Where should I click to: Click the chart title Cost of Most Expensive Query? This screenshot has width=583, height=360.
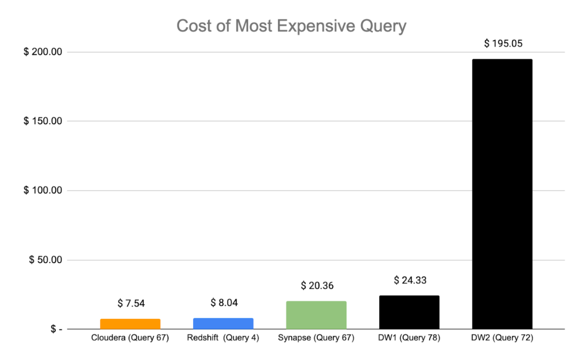291,26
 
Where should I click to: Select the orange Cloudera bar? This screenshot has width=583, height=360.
130,324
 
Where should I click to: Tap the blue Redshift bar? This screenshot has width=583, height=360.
223,324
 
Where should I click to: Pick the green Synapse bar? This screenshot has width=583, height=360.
317,315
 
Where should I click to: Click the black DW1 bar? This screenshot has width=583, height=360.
409,312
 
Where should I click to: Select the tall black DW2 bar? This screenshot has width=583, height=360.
502,194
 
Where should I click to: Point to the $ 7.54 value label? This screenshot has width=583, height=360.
130,304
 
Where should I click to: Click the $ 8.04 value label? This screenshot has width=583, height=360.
223,302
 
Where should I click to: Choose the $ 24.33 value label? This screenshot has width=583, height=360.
409,280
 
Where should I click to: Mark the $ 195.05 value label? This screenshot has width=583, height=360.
502,43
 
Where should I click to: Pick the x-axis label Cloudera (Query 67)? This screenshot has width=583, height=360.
130,338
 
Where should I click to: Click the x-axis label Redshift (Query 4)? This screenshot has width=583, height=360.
223,338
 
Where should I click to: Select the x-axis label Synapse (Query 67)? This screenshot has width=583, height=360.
317,338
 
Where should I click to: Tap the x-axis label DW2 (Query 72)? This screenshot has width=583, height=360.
502,338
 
